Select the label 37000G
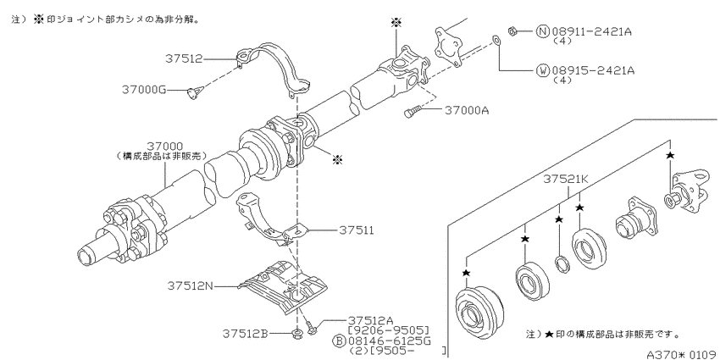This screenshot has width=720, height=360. (144, 90)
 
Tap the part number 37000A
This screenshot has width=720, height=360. (466, 111)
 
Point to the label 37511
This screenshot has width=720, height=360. (356, 230)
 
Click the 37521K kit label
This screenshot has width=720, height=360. (566, 180)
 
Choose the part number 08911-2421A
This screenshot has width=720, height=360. (592, 31)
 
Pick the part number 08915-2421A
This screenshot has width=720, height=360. (592, 70)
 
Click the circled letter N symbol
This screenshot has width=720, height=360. (542, 31)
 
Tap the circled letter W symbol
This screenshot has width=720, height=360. (542, 70)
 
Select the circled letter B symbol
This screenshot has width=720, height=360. (339, 341)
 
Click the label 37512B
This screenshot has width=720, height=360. (246, 332)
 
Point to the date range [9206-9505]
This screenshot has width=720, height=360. (389, 330)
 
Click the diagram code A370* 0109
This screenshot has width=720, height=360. (683, 354)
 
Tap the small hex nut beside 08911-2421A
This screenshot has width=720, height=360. (513, 31)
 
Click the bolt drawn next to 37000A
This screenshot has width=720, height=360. (412, 112)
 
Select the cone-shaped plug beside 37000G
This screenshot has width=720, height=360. (193, 93)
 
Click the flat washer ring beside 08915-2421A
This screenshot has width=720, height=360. (496, 42)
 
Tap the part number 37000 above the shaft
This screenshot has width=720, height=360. (165, 147)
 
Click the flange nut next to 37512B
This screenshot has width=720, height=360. (297, 331)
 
